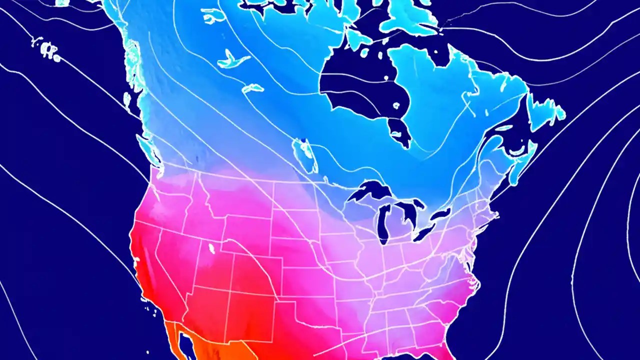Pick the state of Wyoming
point(247,235)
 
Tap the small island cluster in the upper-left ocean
point(47,49)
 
